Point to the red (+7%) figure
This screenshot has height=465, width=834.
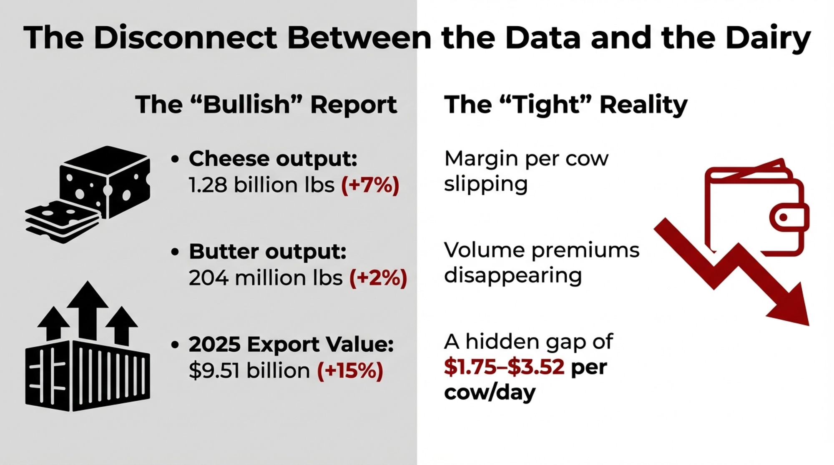click(x=370, y=185)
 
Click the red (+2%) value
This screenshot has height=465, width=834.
click(x=378, y=278)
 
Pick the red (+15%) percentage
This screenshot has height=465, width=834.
click(x=350, y=370)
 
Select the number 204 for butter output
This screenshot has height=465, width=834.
click(x=208, y=278)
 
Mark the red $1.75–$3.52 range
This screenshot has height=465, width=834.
click(x=504, y=367)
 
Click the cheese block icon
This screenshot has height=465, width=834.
click(x=105, y=182)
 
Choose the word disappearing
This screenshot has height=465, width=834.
click(x=513, y=276)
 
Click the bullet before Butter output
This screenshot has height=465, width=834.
click(x=175, y=252)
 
